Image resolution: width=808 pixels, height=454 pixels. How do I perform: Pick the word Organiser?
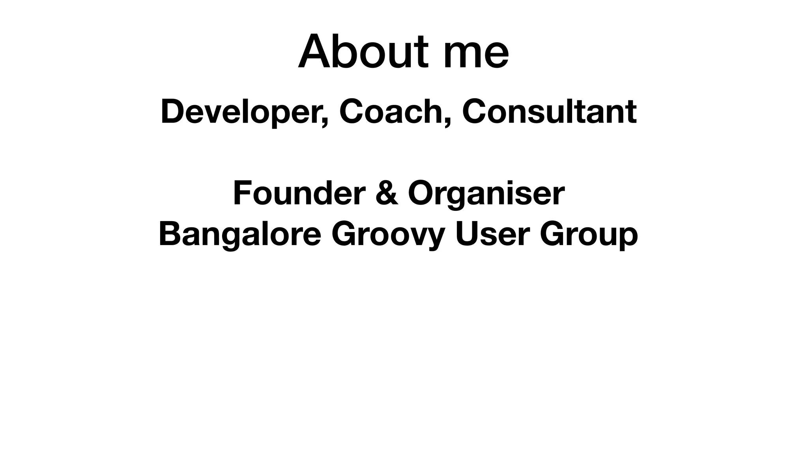[x=486, y=194]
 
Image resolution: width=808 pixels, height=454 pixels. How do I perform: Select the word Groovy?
[x=388, y=235]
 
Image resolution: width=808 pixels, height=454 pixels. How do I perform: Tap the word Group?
[x=589, y=235]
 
